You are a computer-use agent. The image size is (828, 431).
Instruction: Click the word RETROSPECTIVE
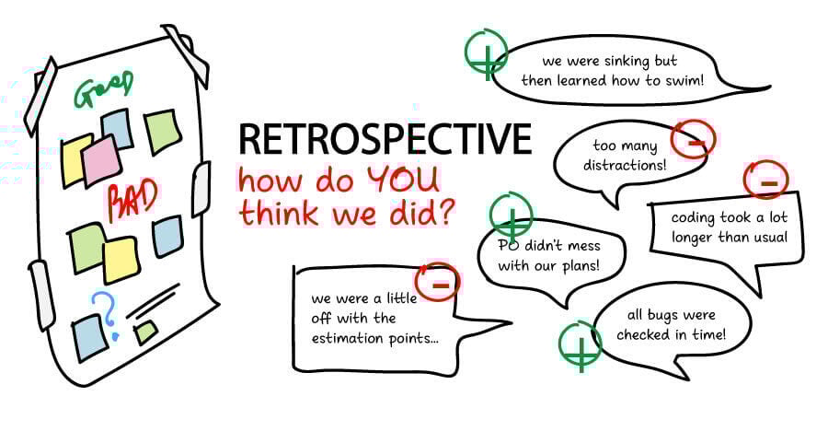pos(385,139)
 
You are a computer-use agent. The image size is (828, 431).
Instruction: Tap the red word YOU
pos(404,180)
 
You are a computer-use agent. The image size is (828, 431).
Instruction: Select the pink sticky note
pos(101,159)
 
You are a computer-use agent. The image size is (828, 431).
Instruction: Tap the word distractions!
pos(625,166)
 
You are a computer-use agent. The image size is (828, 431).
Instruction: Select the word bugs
pos(662,316)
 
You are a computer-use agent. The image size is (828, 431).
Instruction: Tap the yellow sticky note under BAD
pos(121,260)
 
